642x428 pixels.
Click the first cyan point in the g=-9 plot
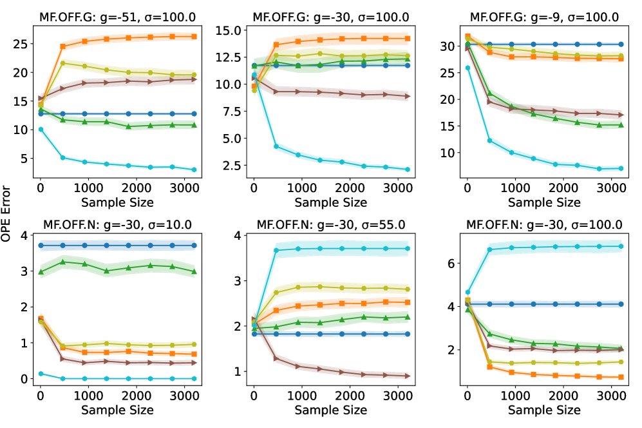pos(467,68)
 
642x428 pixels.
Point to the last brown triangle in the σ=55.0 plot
pos(407,376)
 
